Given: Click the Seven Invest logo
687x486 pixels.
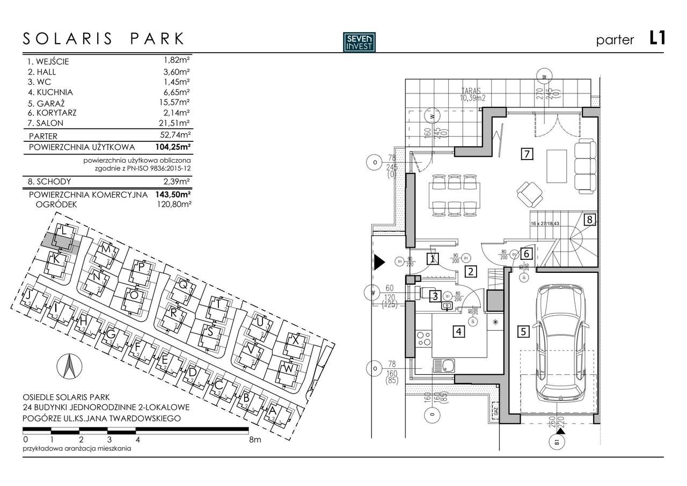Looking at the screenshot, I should click(360, 42).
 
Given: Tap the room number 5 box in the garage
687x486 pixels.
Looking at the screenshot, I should click(523, 331).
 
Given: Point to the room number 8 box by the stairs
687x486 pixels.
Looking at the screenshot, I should click(589, 219).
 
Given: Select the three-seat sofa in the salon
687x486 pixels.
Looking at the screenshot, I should click(585, 161).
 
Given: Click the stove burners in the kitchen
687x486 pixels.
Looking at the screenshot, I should click(423, 339).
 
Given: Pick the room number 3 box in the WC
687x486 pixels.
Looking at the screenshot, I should click(436, 295).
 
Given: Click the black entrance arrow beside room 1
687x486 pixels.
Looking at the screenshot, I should click(379, 262).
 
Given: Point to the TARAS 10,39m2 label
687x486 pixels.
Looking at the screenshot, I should click(472, 95).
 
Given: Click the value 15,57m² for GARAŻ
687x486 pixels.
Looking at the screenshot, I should click(177, 102).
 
